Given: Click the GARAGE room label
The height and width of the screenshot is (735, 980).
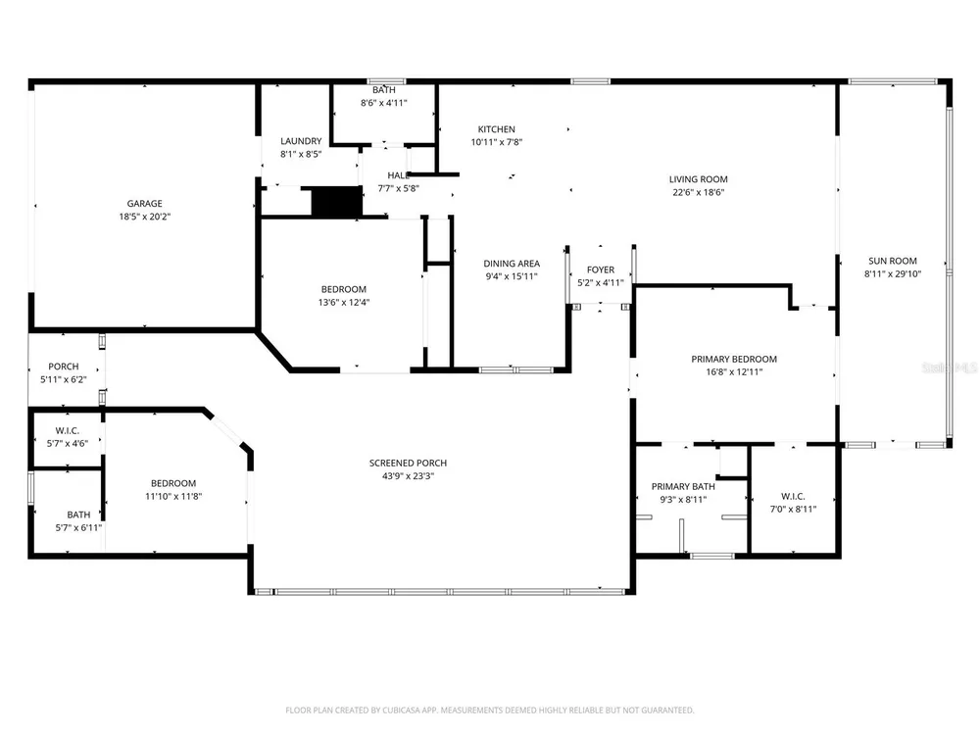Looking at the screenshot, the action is coord(144,203).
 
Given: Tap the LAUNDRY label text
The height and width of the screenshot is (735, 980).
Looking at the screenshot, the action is coord(301,141).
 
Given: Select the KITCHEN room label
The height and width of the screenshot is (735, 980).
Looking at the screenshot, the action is coord(496,129).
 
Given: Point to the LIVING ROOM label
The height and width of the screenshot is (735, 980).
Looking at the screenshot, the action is coord(698,179).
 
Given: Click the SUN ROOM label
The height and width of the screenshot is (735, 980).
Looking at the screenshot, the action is coord(893,261).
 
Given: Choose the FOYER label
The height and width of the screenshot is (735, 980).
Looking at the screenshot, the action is coord(601,269).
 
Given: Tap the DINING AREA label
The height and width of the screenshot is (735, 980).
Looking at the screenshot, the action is coord(512,264).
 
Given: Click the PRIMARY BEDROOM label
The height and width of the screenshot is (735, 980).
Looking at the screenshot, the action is coord(734,359).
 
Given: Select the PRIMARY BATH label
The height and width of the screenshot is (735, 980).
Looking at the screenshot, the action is coord(683,486).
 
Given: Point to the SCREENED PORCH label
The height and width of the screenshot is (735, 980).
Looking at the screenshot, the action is coord(408,464).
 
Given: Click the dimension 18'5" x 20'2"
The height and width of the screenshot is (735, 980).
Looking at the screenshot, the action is coord(144,217).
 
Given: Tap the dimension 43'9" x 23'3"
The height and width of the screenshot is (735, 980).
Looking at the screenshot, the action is coord(408,476).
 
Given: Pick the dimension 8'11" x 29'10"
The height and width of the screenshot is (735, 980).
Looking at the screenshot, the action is coord(893,273).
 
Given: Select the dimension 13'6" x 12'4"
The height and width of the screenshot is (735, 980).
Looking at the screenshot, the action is coord(344,303).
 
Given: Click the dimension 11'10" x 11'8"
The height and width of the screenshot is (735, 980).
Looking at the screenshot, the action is coord(173,496).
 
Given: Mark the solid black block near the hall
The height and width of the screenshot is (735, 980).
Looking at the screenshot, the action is coord(337,201).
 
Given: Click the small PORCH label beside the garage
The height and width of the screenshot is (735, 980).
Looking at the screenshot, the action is coord(64,367).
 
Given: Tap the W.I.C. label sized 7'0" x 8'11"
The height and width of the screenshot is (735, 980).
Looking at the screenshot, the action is coord(793,496).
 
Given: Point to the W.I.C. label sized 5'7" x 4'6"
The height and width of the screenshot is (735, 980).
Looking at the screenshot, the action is coord(67,430).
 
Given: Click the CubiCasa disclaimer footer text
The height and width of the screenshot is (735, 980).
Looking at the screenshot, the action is coord(489,710).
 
